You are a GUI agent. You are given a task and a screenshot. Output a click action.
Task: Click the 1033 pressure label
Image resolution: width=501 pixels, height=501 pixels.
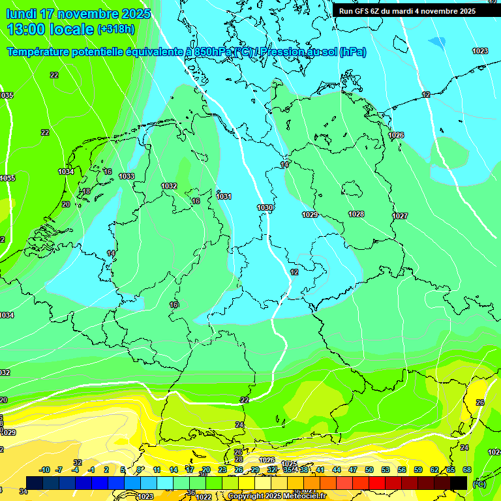[x=127, y=176]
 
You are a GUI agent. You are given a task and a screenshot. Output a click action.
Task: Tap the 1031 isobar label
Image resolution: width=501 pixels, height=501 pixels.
[x=224, y=196]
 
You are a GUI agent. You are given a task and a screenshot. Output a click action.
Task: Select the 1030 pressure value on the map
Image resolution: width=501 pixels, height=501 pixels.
[x=265, y=207]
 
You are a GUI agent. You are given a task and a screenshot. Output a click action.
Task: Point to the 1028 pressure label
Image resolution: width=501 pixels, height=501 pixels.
[x=356, y=214]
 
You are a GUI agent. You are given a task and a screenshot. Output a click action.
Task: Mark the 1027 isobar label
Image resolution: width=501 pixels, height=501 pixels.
[x=400, y=216]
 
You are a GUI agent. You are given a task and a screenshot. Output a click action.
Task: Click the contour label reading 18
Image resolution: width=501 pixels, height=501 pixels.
[x=86, y=191]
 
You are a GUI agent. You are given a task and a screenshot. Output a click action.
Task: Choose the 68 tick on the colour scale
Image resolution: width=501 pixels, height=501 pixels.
[x=466, y=470]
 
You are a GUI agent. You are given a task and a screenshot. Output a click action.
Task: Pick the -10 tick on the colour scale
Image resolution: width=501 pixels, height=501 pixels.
[x=44, y=470]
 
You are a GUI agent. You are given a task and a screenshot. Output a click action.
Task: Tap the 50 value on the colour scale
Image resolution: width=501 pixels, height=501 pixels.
[x=369, y=470]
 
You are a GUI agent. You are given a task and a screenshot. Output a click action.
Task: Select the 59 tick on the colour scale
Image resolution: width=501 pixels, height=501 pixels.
[x=417, y=470]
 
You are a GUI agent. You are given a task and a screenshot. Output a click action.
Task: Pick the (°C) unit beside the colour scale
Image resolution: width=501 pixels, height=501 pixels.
[x=479, y=483]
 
